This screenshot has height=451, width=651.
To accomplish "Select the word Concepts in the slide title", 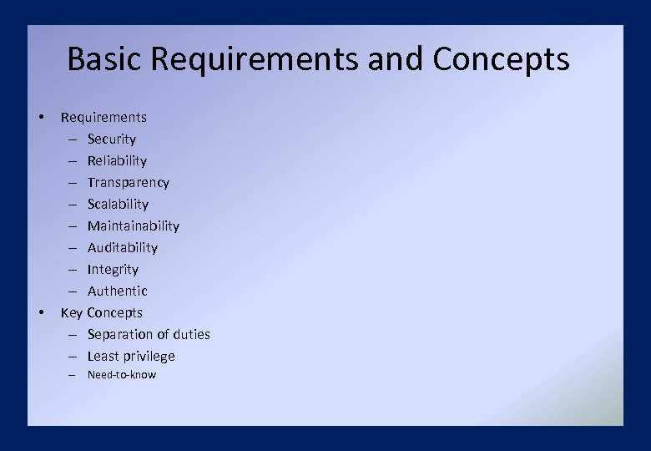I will pos(501,60).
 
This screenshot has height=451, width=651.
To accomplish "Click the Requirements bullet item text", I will pos(103,117).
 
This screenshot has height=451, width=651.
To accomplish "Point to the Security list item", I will pos(111,139).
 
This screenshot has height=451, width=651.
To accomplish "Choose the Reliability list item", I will pos(117,160).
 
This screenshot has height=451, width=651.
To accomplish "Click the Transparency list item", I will pos(128,182).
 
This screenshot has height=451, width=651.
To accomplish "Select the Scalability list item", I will pos(118,204).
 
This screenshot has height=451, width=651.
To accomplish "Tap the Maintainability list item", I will pos(133,225).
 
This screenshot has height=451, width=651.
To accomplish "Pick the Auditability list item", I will pos(122,247).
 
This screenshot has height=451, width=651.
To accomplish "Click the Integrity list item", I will pos(113,269).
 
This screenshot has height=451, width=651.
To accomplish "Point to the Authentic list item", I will pos(117,291).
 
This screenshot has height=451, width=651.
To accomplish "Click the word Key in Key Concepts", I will pos(72,312).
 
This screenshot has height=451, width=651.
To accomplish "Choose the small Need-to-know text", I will pos(121,375).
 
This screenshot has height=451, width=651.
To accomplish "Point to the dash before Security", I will pos(73,139).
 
